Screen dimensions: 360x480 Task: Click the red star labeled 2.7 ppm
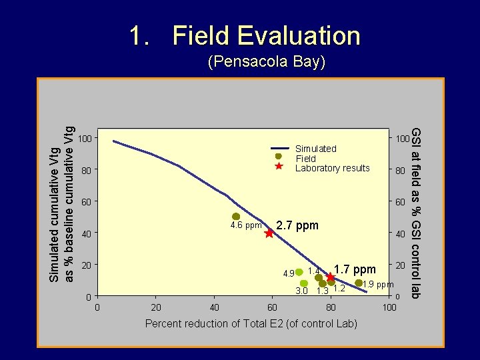[269, 233]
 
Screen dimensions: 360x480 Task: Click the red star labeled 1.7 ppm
[330, 277]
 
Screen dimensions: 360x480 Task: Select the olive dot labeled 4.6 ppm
[236, 217]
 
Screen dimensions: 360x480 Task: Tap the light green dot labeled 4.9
[299, 272]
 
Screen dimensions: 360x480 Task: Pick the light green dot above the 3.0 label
[304, 283]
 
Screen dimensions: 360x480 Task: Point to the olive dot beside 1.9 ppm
[359, 283]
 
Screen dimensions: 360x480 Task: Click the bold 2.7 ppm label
[297, 225]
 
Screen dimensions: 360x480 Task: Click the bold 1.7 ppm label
[355, 269]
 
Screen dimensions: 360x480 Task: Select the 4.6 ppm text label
[246, 225]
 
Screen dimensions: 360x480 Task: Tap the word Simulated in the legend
[315, 149]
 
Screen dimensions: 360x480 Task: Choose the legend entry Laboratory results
[332, 168]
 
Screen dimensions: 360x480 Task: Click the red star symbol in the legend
[279, 167]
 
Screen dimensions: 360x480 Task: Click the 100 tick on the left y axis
[84, 139]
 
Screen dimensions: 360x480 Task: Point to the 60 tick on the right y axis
[400, 202]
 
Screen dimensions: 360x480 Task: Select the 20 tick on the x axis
[155, 307]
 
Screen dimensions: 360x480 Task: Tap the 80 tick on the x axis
[331, 307]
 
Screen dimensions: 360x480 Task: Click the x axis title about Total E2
[251, 324]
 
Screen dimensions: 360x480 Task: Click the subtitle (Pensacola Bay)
[266, 62]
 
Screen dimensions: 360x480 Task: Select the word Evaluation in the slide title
[266, 36]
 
